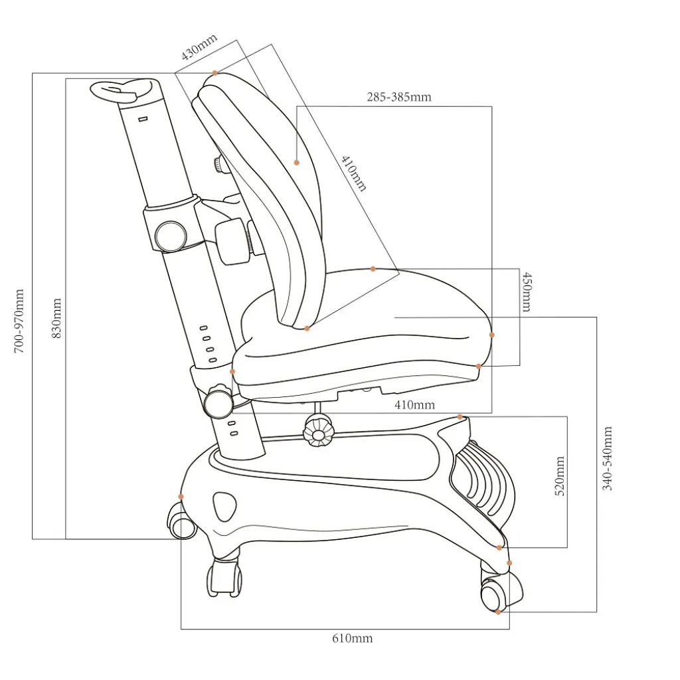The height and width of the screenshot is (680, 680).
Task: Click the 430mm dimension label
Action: (x=199, y=47)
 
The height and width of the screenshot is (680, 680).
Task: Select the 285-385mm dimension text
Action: (x=399, y=97)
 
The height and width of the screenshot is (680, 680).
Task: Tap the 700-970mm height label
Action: (x=19, y=321)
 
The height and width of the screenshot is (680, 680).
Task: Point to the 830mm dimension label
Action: (x=56, y=318)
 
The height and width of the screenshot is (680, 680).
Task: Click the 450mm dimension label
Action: (x=527, y=292)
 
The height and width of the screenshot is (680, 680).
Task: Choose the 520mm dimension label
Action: (x=560, y=475)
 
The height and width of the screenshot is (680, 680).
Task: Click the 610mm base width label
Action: (x=353, y=638)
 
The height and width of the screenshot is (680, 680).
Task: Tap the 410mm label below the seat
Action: (x=414, y=404)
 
